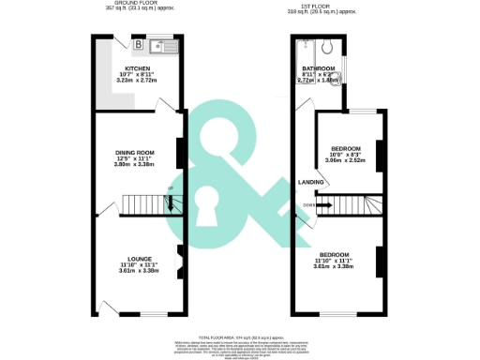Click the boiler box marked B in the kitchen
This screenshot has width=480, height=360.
pos(138,44)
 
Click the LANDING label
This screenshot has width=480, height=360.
pos(311,183)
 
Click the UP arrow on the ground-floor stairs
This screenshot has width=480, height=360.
pos(170,192)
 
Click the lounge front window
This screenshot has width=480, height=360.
pos(155,313)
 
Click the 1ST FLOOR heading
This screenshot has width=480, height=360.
pos(322,5)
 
